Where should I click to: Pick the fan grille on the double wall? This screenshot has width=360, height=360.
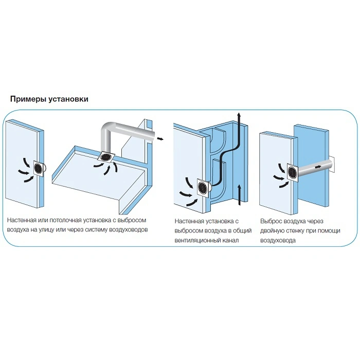292,172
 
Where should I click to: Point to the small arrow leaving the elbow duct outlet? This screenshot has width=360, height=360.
160,138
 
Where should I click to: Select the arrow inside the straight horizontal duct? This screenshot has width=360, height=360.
318,167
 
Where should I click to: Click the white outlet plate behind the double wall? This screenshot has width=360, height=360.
332,165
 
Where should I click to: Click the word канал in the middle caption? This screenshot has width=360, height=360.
231,240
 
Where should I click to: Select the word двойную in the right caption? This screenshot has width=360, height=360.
273,231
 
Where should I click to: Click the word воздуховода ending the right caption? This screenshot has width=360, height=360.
278,241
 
